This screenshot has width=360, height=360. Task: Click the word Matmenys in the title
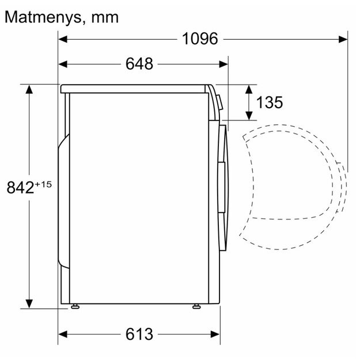[x=43, y=18]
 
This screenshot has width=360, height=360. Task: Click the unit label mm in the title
[x=105, y=18]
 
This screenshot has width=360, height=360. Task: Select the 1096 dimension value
[x=200, y=39]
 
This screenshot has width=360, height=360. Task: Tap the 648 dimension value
[x=139, y=64]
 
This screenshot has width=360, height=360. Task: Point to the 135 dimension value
[x=270, y=102]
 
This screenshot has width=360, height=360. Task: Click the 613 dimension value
[x=139, y=334]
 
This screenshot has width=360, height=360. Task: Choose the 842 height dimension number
[x=20, y=187]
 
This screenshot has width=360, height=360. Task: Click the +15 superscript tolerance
[x=43, y=184]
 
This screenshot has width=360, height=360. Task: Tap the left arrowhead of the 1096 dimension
[x=63, y=39]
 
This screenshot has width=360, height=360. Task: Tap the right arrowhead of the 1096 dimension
[x=343, y=39]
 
